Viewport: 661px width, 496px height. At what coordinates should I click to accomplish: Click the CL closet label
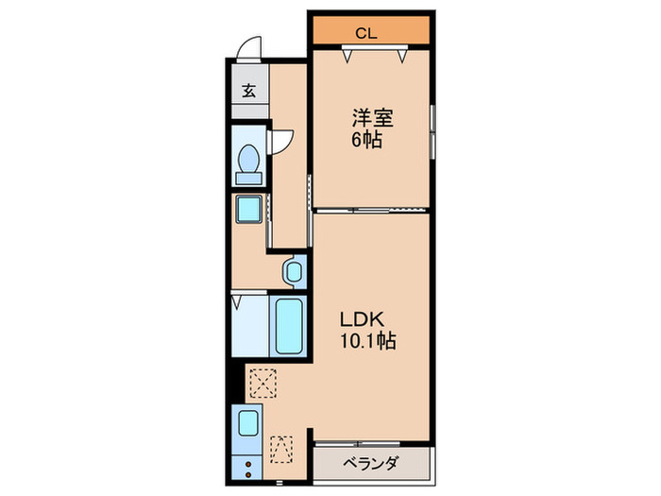tap(367, 34)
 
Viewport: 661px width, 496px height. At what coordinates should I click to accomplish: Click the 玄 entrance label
tap(248, 92)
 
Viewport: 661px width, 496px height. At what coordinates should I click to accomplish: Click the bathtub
tap(288, 325)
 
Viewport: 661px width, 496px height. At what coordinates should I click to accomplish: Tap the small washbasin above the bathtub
tap(293, 272)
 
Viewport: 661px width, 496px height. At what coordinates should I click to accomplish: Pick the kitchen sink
tap(249, 422)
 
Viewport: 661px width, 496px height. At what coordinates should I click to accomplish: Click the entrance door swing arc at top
tap(250, 47)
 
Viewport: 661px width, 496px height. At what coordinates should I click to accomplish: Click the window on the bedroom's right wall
tap(433, 130)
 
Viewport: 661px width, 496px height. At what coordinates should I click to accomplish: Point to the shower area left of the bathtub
tap(250, 325)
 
